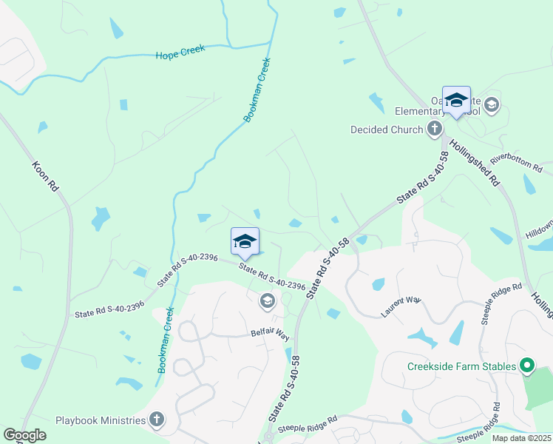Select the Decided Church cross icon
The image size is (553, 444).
tap(435, 129)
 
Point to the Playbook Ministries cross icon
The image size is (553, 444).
tap(156, 420)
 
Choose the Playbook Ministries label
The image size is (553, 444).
tap(101, 420)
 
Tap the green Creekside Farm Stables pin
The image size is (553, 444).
tap(526, 366)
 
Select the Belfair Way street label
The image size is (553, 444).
tap(269, 334)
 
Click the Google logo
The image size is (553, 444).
tap(24, 435)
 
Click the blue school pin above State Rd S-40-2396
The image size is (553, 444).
tap(245, 241)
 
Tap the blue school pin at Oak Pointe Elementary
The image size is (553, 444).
tap(456, 101)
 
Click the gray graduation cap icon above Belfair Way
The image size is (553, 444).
tap(266, 300)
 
